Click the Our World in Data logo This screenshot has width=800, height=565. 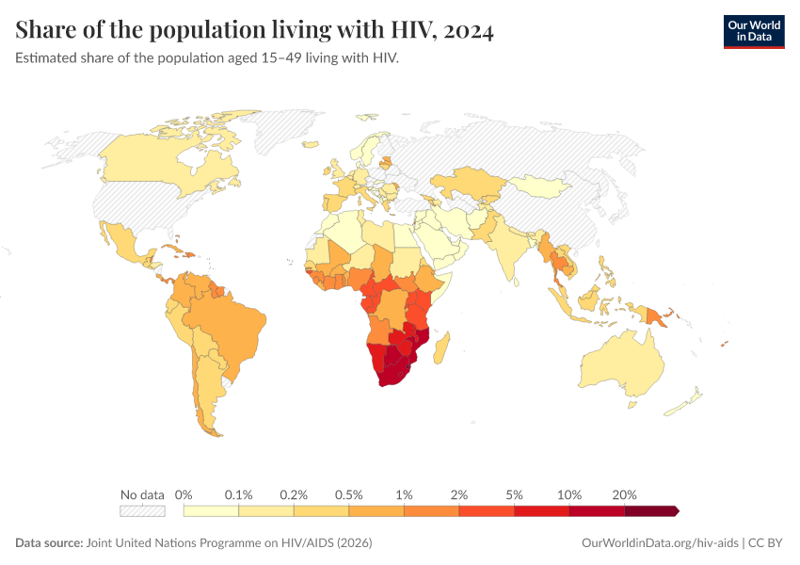[x=753, y=30]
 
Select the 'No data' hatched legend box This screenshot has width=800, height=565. [x=142, y=511]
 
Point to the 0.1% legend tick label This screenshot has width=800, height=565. [x=239, y=494]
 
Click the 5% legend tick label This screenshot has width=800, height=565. [x=515, y=494]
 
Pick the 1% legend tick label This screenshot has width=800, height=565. [x=405, y=494]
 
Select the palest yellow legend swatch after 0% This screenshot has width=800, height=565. [x=211, y=511]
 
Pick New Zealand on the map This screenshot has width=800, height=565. [x=685, y=403]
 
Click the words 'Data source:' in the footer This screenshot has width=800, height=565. [x=49, y=543]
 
